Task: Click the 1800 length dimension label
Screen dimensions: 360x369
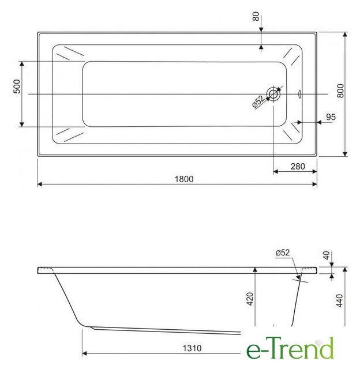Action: pos(184,179)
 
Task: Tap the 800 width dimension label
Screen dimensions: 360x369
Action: pos(340,91)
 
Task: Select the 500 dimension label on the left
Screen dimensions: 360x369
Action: pos(17,86)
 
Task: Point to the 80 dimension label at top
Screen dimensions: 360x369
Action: pos(256,17)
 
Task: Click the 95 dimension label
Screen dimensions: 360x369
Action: pos(331,117)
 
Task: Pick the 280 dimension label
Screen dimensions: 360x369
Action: pos(298,167)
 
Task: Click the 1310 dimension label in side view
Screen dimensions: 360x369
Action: pos(192,348)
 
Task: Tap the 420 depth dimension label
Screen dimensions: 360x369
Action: pos(250,299)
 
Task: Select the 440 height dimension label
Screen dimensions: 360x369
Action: pos(340,300)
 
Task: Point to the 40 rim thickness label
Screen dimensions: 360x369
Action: pos(327,255)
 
